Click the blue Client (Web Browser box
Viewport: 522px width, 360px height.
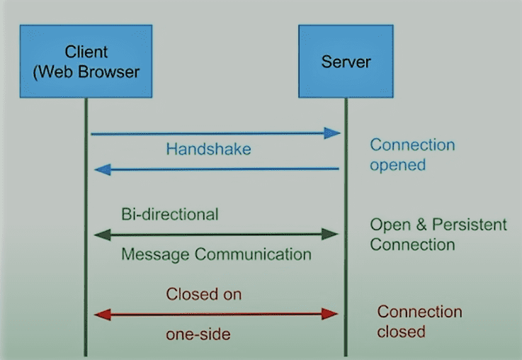pos(86,61)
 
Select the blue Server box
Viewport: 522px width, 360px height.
pos(346,61)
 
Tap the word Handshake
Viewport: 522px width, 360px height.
pos(208,149)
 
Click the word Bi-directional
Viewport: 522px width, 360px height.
pos(170,214)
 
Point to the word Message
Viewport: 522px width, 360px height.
pos(155,255)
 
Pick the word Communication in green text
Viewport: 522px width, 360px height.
pos(253,254)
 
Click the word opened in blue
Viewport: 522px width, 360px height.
pos(398,166)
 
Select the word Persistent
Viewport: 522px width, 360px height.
pos(470,225)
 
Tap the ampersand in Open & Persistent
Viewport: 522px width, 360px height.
pos(421,225)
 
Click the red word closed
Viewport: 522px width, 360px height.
pos(401,332)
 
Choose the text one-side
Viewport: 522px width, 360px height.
pos(198,334)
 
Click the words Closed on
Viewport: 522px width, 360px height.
pos(204,294)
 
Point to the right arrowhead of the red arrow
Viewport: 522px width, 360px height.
pos(330,314)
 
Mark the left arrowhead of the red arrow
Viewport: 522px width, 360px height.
pos(103,315)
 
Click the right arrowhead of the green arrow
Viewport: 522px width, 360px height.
pos(330,234)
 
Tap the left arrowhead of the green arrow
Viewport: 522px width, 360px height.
pos(103,235)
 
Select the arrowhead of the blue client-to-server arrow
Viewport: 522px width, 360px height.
pos(332,133)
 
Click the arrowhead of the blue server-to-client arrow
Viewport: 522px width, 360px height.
pos(103,170)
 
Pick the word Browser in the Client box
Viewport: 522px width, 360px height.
pos(109,72)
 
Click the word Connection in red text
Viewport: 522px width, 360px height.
pos(419,312)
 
